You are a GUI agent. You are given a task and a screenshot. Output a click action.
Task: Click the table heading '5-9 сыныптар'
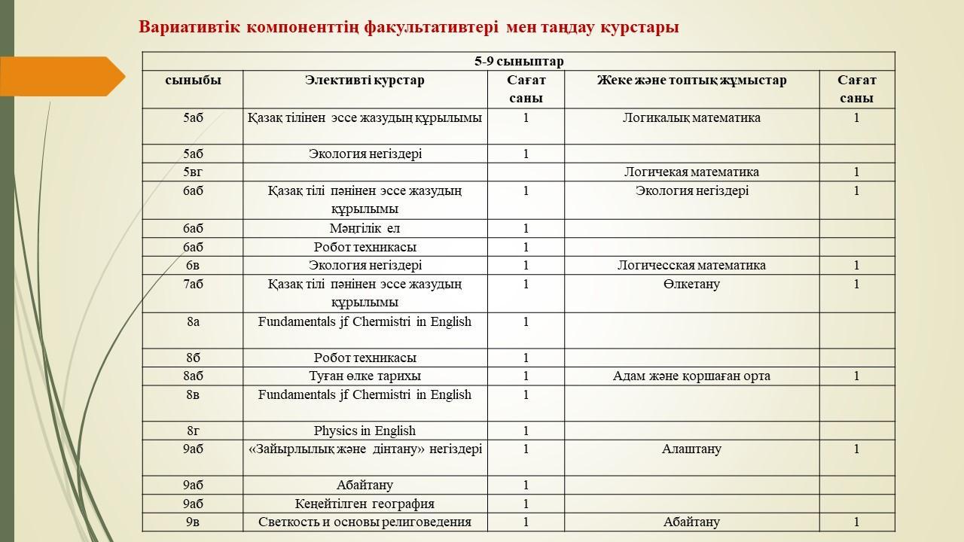(518, 62)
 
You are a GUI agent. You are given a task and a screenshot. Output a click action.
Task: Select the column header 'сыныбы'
(193, 81)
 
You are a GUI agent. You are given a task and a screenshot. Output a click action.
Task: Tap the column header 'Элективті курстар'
(365, 81)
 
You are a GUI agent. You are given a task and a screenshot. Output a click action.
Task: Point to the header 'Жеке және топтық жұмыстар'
(691, 81)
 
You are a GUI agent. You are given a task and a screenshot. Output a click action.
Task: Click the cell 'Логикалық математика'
(691, 117)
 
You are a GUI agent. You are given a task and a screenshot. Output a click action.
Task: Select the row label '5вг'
(193, 172)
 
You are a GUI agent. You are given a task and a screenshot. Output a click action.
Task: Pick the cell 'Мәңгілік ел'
(365, 228)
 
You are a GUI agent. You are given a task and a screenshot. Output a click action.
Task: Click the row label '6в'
(193, 265)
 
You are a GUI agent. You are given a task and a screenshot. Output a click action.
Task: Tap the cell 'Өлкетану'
(691, 284)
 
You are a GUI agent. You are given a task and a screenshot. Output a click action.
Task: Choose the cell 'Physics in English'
(365, 431)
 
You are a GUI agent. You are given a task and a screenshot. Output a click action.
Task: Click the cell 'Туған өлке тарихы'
(365, 376)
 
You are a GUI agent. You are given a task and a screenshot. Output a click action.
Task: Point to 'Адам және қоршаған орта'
(691, 376)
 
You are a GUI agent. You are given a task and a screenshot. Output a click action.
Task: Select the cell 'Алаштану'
(691, 449)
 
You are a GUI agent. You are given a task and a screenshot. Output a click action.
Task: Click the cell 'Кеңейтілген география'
(365, 504)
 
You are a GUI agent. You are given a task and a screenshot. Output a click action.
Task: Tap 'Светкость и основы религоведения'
(365, 522)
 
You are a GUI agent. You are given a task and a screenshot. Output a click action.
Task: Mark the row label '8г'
(193, 431)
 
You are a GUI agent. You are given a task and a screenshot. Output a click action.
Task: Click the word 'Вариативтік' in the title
(189, 27)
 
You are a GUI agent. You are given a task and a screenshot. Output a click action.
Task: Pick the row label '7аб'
(193, 284)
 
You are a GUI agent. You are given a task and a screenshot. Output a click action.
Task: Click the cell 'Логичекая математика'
(691, 172)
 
